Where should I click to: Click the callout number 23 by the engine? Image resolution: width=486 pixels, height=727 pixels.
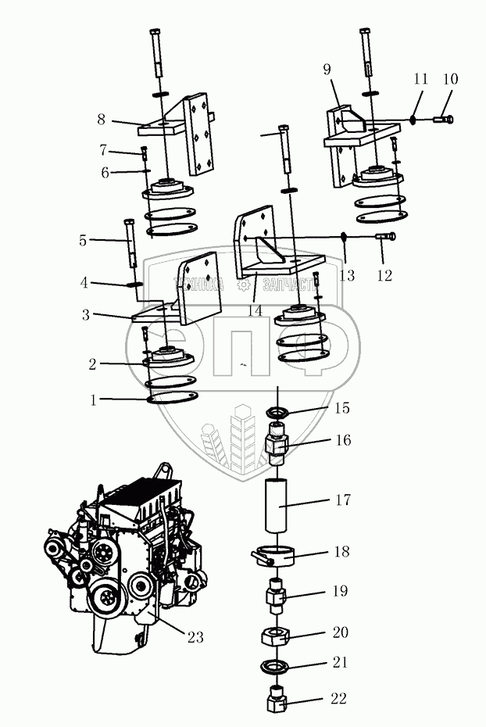point(195,638)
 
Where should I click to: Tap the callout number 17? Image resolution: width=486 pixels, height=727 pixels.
point(343,500)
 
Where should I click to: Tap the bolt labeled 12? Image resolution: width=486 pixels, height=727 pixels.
point(386,236)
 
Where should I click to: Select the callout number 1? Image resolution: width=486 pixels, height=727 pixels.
point(94,400)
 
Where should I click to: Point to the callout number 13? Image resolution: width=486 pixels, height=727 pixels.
point(347,275)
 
